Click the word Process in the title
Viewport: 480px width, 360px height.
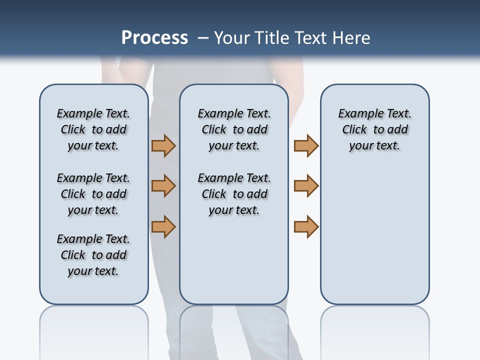coord(154,38)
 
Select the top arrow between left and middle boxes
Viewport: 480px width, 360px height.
coord(163,146)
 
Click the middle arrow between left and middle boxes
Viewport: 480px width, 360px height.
coord(163,186)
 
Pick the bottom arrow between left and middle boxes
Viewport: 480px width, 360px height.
coord(163,226)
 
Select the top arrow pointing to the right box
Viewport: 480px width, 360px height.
coord(306,146)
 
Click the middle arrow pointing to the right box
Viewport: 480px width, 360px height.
coord(306,186)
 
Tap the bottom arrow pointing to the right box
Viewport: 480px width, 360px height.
coord(306,226)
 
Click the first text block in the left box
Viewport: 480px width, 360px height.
coord(93,129)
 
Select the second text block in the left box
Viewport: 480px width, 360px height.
coord(93,194)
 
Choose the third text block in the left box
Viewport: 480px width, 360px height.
coord(93,255)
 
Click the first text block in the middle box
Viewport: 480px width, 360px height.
coord(234,129)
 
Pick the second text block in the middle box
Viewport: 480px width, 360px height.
coord(234,194)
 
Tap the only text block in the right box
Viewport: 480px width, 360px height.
coord(374,129)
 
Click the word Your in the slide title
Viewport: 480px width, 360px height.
coord(232,38)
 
